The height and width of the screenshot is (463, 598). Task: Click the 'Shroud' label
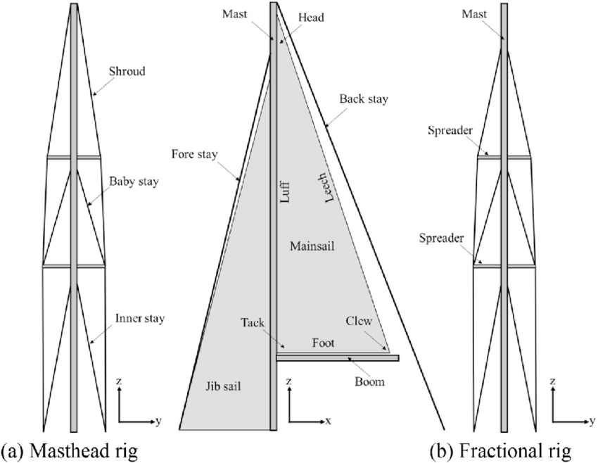[x=128, y=71]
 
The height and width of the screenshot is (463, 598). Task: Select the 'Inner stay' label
[x=140, y=319]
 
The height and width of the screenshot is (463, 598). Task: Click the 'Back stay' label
[x=363, y=99]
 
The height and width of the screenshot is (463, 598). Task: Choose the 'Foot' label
[x=323, y=343]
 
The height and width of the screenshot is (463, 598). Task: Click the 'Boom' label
[x=370, y=382]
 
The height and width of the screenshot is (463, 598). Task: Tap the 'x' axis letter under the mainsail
[x=329, y=421]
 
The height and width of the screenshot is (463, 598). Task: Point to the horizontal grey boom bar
[x=338, y=358]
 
